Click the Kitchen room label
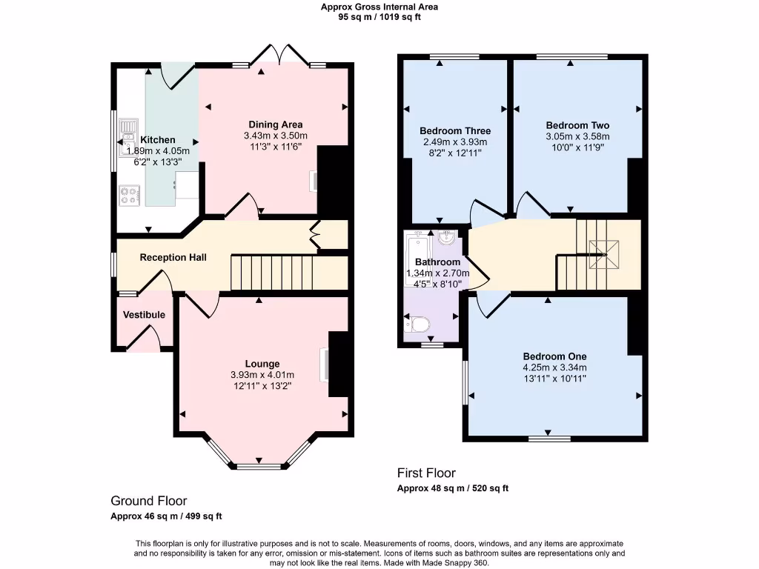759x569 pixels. click(x=158, y=139)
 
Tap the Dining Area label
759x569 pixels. click(x=275, y=124)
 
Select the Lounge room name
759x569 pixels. click(x=262, y=364)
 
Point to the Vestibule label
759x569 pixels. click(x=144, y=315)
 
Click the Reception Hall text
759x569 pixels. click(x=173, y=258)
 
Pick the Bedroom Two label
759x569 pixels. click(x=577, y=125)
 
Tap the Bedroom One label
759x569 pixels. click(x=554, y=356)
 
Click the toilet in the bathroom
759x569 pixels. click(x=417, y=324)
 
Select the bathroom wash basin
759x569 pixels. click(x=446, y=239)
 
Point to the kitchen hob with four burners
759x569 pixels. click(x=129, y=196)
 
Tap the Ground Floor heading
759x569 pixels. click(x=149, y=502)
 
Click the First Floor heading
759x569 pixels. click(x=426, y=473)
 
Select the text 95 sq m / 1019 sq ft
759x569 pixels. click(x=379, y=17)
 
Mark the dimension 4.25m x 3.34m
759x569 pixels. click(x=554, y=367)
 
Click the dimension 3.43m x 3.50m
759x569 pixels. click(x=275, y=136)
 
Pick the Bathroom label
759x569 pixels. click(x=437, y=262)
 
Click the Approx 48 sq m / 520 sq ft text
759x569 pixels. click(x=453, y=488)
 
